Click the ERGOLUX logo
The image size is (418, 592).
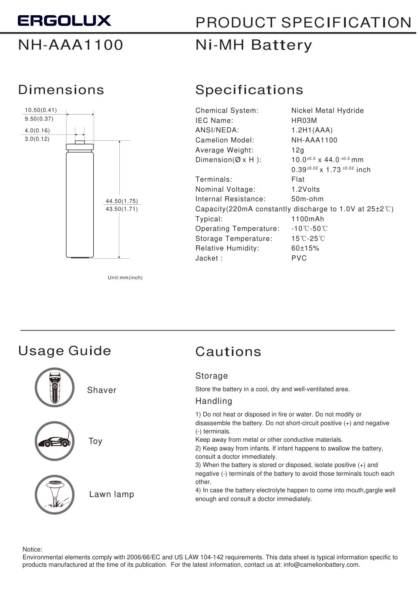[64, 20]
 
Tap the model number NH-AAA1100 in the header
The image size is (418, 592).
[71, 45]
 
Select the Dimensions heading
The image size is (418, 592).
[61, 90]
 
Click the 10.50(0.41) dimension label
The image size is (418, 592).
[40, 110]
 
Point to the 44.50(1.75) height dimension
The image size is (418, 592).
[121, 201]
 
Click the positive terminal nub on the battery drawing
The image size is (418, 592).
[80, 141]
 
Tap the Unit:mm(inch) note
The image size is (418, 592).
[125, 277]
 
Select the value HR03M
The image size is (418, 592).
[304, 120]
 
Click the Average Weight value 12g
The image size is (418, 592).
[297, 150]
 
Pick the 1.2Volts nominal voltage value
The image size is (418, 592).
[305, 189]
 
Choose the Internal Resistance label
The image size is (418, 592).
[230, 199]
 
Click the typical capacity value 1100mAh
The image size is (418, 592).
[307, 219]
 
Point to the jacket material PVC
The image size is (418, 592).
[299, 258]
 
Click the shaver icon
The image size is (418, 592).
[55, 387]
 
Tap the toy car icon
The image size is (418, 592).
[55, 441]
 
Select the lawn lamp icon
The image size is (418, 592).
[55, 494]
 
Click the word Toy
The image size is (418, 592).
[95, 441]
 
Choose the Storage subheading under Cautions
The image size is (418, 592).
[211, 375]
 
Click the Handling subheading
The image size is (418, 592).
[213, 401]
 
